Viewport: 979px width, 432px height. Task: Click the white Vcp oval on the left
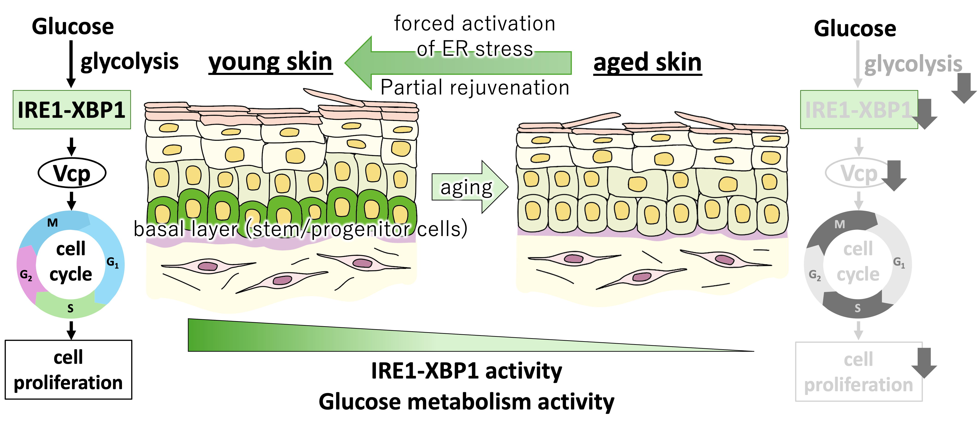pyautogui.click(x=72, y=173)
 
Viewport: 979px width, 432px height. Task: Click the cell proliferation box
pyautogui.click(x=858, y=372)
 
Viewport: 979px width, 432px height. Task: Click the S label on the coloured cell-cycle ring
pyautogui.click(x=70, y=308)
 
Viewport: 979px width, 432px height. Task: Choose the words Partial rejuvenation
pyautogui.click(x=476, y=87)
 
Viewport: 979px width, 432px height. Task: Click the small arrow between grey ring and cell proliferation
pyautogui.click(x=858, y=330)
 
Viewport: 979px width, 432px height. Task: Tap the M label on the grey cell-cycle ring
pyautogui.click(x=840, y=224)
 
